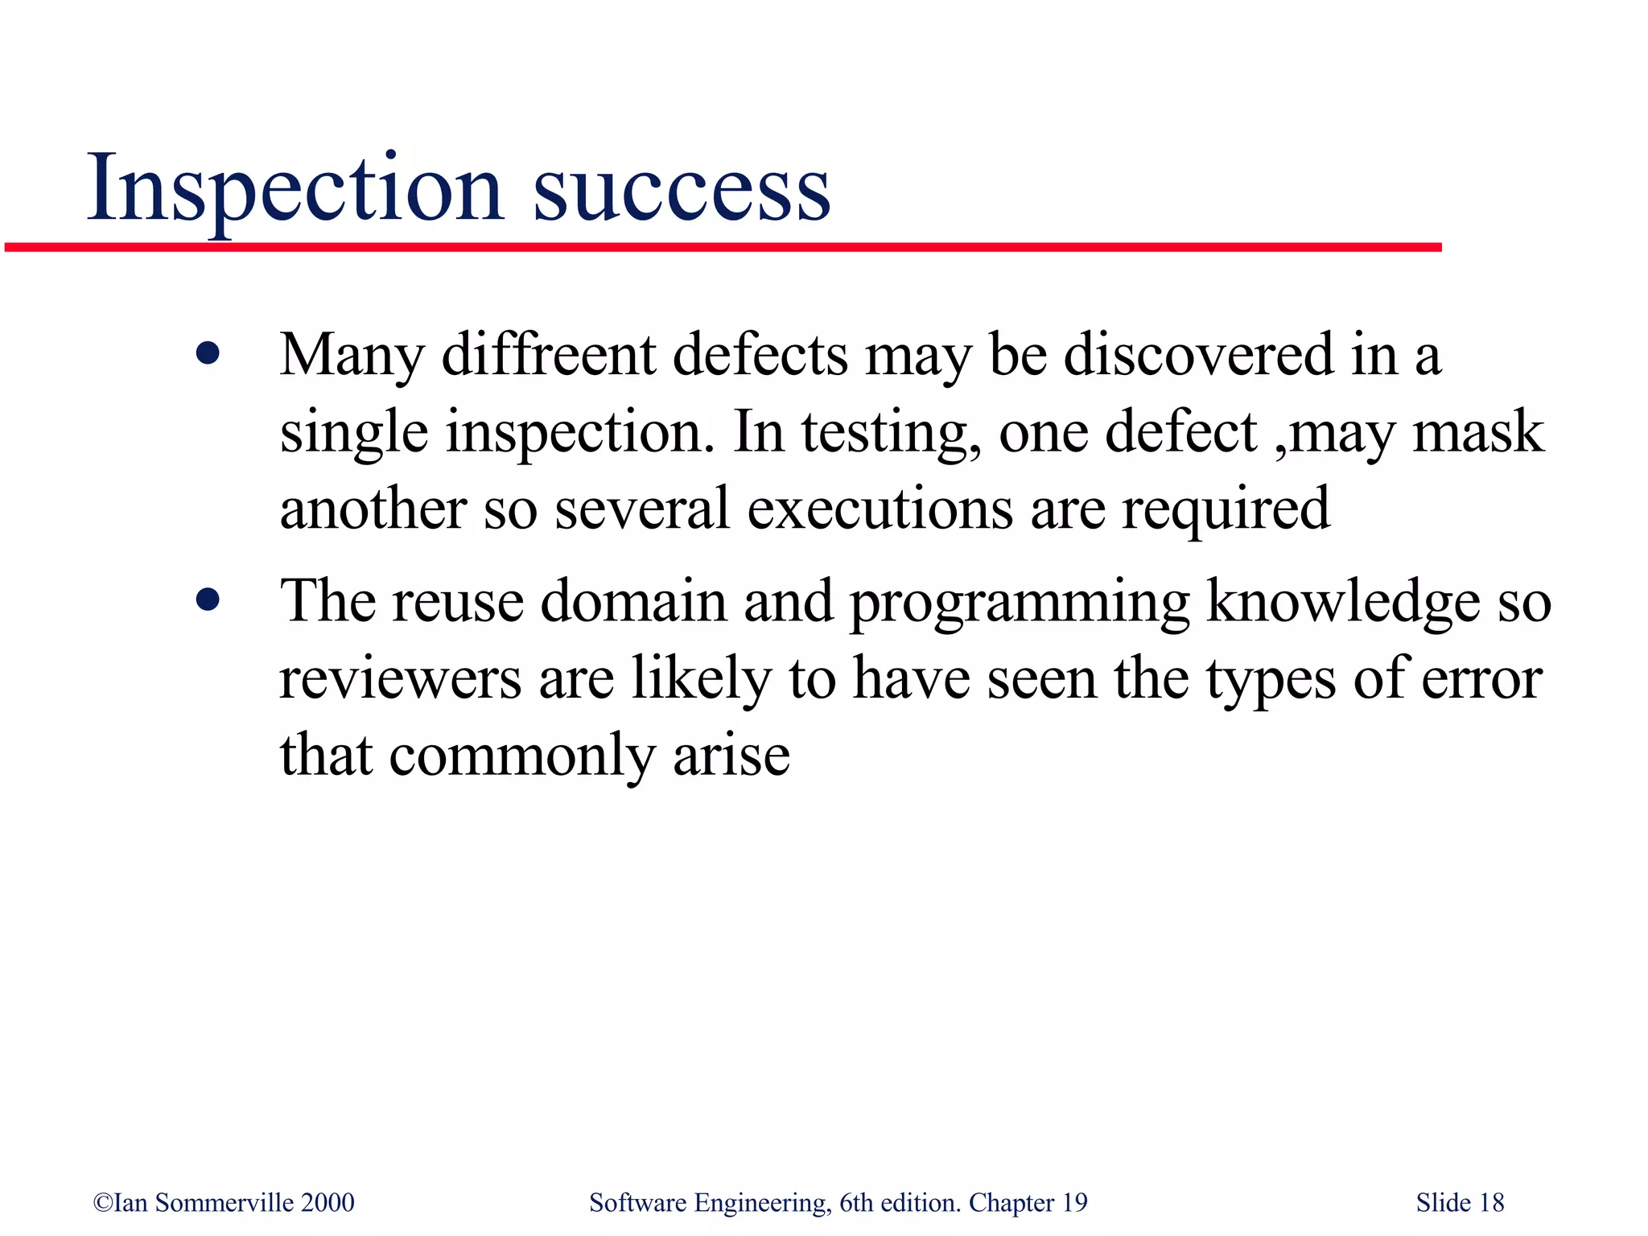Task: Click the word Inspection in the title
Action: [x=295, y=189]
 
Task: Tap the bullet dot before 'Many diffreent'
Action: [x=208, y=353]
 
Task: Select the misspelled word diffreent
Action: [x=549, y=355]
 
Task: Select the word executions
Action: [x=880, y=509]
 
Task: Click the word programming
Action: [x=1020, y=604]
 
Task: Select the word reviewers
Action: [x=400, y=678]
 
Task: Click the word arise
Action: [x=731, y=756]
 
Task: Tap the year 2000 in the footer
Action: [x=328, y=1202]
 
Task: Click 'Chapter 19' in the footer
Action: [x=1028, y=1202]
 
